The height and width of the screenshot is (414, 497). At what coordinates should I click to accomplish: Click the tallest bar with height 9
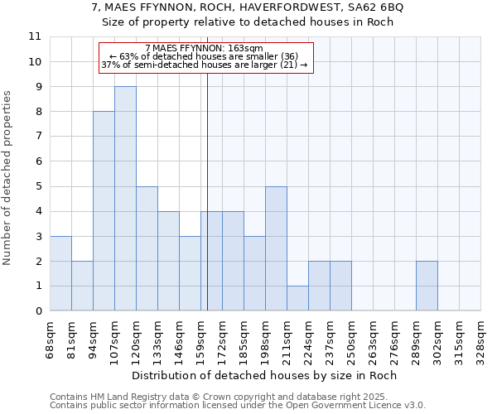pyautogui.click(x=125, y=199)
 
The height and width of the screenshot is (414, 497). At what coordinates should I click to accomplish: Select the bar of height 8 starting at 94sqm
pyautogui.click(x=104, y=211)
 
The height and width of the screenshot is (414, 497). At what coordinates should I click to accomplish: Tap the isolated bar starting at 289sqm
pyautogui.click(x=427, y=286)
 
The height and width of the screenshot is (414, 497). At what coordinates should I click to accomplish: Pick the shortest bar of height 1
pyautogui.click(x=297, y=298)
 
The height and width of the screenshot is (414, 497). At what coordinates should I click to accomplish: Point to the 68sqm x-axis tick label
pyautogui.click(x=50, y=338)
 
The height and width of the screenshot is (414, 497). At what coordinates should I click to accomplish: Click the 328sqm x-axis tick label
pyautogui.click(x=480, y=338)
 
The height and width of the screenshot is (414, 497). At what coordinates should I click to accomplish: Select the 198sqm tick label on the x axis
pyautogui.click(x=265, y=338)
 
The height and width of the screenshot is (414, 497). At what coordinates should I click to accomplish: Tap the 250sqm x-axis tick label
pyautogui.click(x=351, y=338)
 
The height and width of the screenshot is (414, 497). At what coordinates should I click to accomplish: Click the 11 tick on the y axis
pyautogui.click(x=35, y=36)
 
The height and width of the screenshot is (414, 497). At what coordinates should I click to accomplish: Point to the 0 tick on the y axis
pyautogui.click(x=38, y=311)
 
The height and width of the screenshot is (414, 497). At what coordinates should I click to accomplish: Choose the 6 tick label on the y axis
pyautogui.click(x=38, y=161)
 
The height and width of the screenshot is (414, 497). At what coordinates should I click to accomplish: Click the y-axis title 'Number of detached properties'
pyautogui.click(x=8, y=178)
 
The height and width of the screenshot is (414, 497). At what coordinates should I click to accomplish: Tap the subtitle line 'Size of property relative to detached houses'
pyautogui.click(x=248, y=22)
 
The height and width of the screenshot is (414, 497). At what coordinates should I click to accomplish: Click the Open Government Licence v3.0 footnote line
pyautogui.click(x=238, y=405)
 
